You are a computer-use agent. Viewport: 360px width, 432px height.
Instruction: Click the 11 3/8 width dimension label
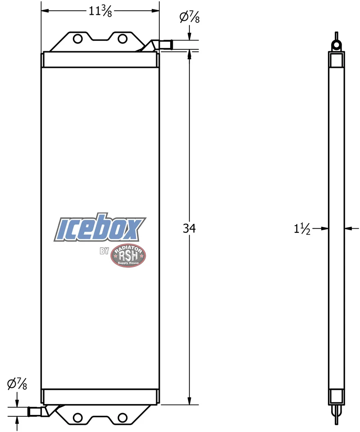(100, 11)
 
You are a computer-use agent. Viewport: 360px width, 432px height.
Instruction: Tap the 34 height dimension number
(189, 228)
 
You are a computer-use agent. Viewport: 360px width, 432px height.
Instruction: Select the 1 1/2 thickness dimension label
(302, 229)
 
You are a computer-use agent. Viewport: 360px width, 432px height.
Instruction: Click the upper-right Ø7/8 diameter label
(189, 17)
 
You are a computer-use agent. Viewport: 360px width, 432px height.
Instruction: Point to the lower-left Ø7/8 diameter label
(17, 383)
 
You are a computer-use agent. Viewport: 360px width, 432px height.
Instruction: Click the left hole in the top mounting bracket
(78, 39)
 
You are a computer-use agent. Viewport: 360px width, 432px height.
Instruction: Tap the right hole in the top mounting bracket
(122, 39)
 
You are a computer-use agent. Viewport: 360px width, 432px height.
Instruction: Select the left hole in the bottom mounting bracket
(78, 418)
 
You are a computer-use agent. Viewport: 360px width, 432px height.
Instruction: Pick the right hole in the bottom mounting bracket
(122, 418)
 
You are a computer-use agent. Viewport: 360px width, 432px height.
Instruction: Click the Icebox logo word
(100, 228)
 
